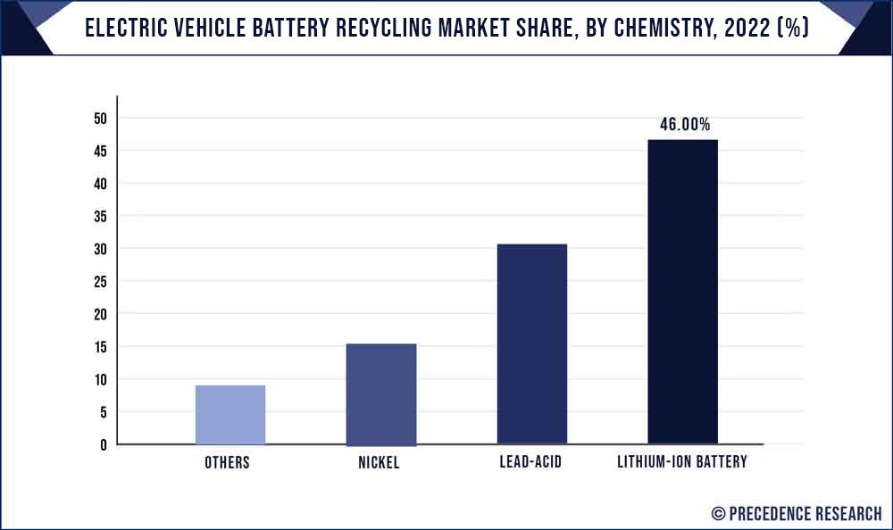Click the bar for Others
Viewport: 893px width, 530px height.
[230, 415]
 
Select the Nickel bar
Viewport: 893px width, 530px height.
[381, 393]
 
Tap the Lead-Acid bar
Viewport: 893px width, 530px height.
[532, 344]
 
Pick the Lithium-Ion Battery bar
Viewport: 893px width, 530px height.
[683, 292]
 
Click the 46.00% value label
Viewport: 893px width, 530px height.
[685, 124]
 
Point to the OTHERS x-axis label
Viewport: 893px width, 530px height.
[227, 462]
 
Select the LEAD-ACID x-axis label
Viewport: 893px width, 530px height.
[531, 462]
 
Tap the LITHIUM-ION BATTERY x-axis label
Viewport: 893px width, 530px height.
[683, 462]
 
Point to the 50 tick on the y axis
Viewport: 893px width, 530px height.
[100, 119]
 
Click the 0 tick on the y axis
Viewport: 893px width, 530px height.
[104, 444]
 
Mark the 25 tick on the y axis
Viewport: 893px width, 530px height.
[100, 282]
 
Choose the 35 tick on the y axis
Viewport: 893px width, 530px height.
[100, 217]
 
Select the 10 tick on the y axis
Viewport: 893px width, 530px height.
[100, 379]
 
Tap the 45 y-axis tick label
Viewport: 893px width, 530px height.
[100, 152]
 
